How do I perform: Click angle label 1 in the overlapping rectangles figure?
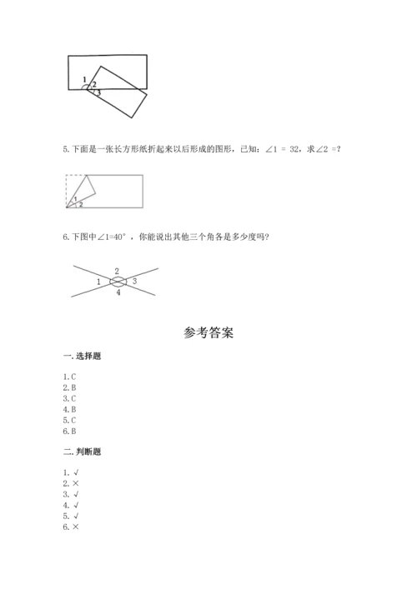tap(85, 79)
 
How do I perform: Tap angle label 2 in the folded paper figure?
tap(81, 204)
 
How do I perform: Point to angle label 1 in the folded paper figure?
tap(76, 198)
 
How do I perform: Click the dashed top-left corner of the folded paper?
tap(68, 177)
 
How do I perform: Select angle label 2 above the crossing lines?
tap(118, 271)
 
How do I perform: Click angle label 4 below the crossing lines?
tap(118, 292)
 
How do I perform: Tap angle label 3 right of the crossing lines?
tap(135, 282)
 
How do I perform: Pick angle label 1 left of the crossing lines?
tap(98, 283)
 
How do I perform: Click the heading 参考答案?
tap(208, 332)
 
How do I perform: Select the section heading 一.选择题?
tap(83, 356)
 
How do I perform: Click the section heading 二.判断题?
tap(83, 452)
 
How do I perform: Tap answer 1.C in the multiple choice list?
tap(70, 377)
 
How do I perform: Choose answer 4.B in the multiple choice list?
tap(70, 409)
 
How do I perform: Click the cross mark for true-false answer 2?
tap(77, 483)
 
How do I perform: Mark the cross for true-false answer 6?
tap(77, 527)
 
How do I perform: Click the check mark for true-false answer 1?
tap(77, 472)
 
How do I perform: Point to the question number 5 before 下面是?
tap(66, 149)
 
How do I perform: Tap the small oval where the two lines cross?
tap(118, 282)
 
